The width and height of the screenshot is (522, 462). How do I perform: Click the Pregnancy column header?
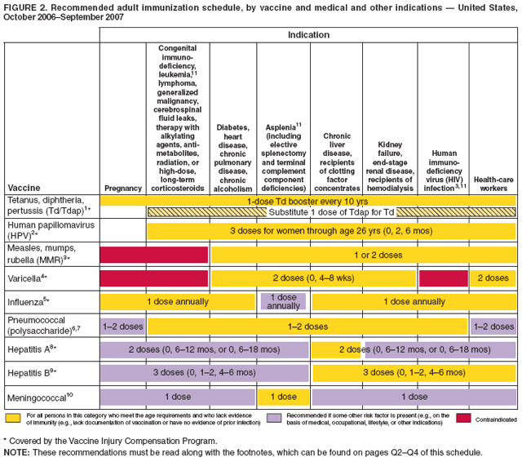122,189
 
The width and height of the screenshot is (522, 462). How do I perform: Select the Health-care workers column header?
493,184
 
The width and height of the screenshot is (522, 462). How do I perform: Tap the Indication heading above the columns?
307,35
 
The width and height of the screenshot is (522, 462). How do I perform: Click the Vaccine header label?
23,189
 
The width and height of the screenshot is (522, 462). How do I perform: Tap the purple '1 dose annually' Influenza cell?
282,301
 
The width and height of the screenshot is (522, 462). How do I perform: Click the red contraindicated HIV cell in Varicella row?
443,278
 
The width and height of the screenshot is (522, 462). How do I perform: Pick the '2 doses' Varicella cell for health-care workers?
493,278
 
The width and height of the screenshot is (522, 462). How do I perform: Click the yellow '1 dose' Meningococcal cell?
282,396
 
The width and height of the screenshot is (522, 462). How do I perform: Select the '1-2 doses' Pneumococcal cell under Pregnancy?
122,326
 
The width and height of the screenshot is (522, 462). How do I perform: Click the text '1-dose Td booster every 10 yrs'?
307,200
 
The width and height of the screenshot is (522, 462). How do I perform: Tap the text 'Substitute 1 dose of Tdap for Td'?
331,212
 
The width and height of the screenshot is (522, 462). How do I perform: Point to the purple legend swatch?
276,418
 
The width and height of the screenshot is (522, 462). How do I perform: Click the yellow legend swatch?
13,418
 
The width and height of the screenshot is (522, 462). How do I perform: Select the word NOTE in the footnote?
17,451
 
